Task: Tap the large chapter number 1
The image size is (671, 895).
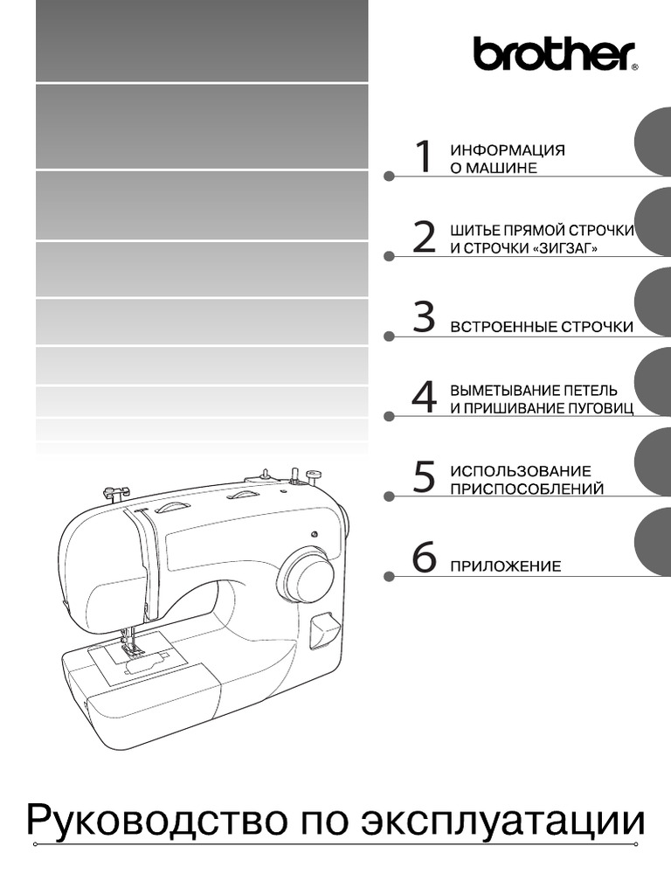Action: pyautogui.click(x=424, y=156)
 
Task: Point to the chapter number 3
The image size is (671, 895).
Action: pyautogui.click(x=424, y=316)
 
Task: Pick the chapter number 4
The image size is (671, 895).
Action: pyautogui.click(x=424, y=397)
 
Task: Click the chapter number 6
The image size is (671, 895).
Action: pyautogui.click(x=424, y=557)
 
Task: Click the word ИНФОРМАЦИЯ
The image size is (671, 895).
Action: pyautogui.click(x=508, y=150)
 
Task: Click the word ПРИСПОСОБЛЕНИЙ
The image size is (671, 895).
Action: pyautogui.click(x=527, y=489)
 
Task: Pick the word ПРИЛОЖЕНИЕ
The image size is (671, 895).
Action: pyautogui.click(x=506, y=566)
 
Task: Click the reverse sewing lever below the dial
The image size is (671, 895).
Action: pyautogui.click(x=323, y=631)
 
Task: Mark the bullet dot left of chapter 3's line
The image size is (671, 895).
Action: pyautogui.click(x=389, y=336)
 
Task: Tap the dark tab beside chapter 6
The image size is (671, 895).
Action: pyautogui.click(x=653, y=543)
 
